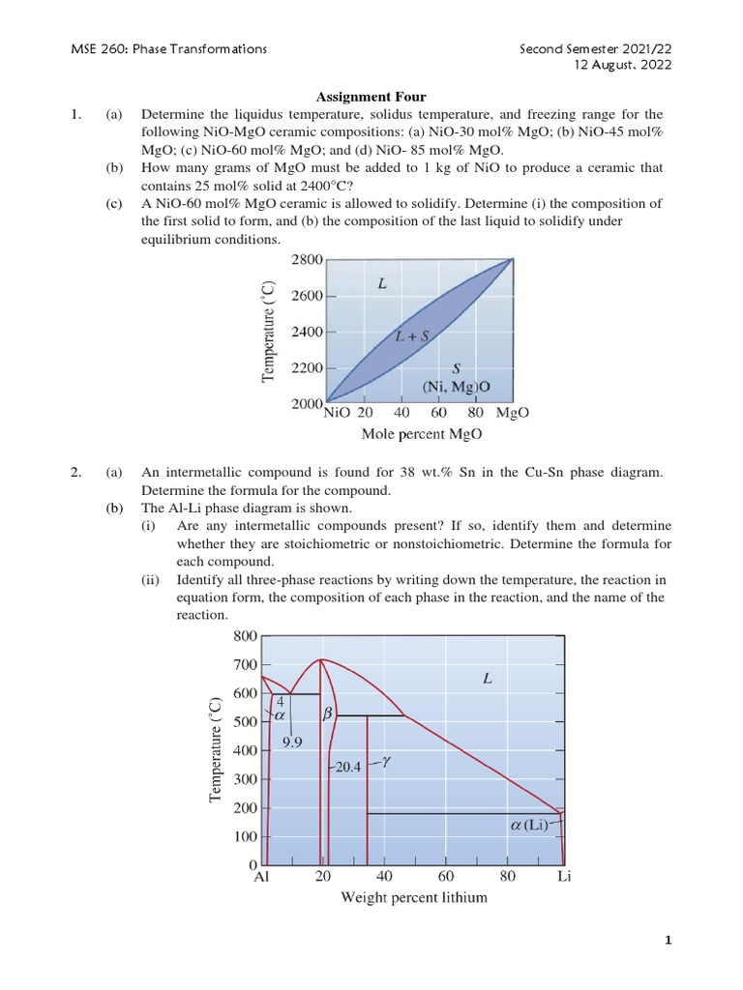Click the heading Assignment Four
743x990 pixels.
[372, 97]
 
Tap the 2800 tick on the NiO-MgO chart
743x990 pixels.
[307, 259]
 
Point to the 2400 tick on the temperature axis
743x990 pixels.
[307, 332]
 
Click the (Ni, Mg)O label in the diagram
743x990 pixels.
[458, 386]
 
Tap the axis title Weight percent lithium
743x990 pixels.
[414, 897]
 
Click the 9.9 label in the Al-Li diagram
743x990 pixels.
[294, 742]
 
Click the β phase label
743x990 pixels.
[327, 713]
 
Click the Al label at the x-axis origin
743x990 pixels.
[262, 878]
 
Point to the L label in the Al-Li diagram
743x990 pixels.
[488, 680]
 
